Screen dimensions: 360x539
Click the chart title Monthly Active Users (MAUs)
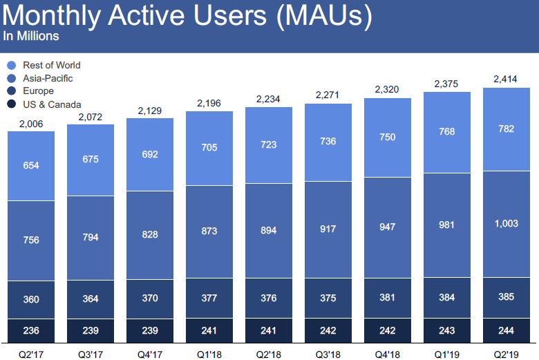pyautogui.click(x=187, y=15)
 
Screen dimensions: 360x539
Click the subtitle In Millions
pyautogui.click(x=31, y=36)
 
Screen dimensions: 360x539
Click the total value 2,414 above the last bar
pyautogui.click(x=506, y=79)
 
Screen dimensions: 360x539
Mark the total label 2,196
pyautogui.click(x=209, y=103)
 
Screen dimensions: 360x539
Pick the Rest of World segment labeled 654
pyautogui.click(x=31, y=165)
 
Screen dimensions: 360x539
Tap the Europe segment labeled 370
pyautogui.click(x=150, y=299)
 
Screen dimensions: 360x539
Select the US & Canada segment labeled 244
pyautogui.click(x=506, y=330)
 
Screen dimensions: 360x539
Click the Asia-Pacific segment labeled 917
pyautogui.click(x=328, y=228)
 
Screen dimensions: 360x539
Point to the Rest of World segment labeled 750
pyautogui.click(x=388, y=137)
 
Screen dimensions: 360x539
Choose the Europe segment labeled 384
pyautogui.click(x=447, y=297)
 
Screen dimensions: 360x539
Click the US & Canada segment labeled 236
pyautogui.click(x=31, y=330)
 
